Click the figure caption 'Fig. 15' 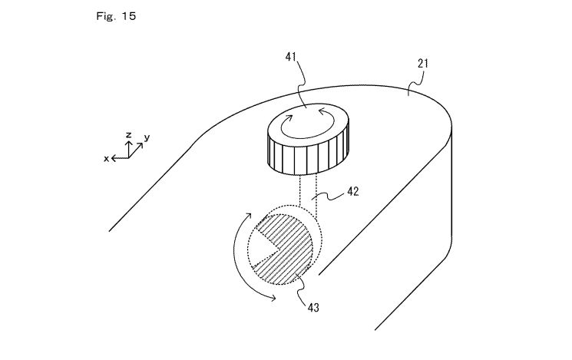coord(116,16)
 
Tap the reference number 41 coord(291,57)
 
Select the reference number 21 coord(423,64)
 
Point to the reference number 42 coord(352,191)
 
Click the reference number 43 coord(313,308)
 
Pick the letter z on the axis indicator coord(128,135)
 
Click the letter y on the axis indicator coord(147,137)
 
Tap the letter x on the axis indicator coord(106,159)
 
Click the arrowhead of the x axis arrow coord(113,158)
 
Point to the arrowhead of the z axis coord(128,142)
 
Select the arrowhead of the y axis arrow coord(140,145)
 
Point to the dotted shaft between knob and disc coord(308,193)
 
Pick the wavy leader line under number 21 coord(415,83)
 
